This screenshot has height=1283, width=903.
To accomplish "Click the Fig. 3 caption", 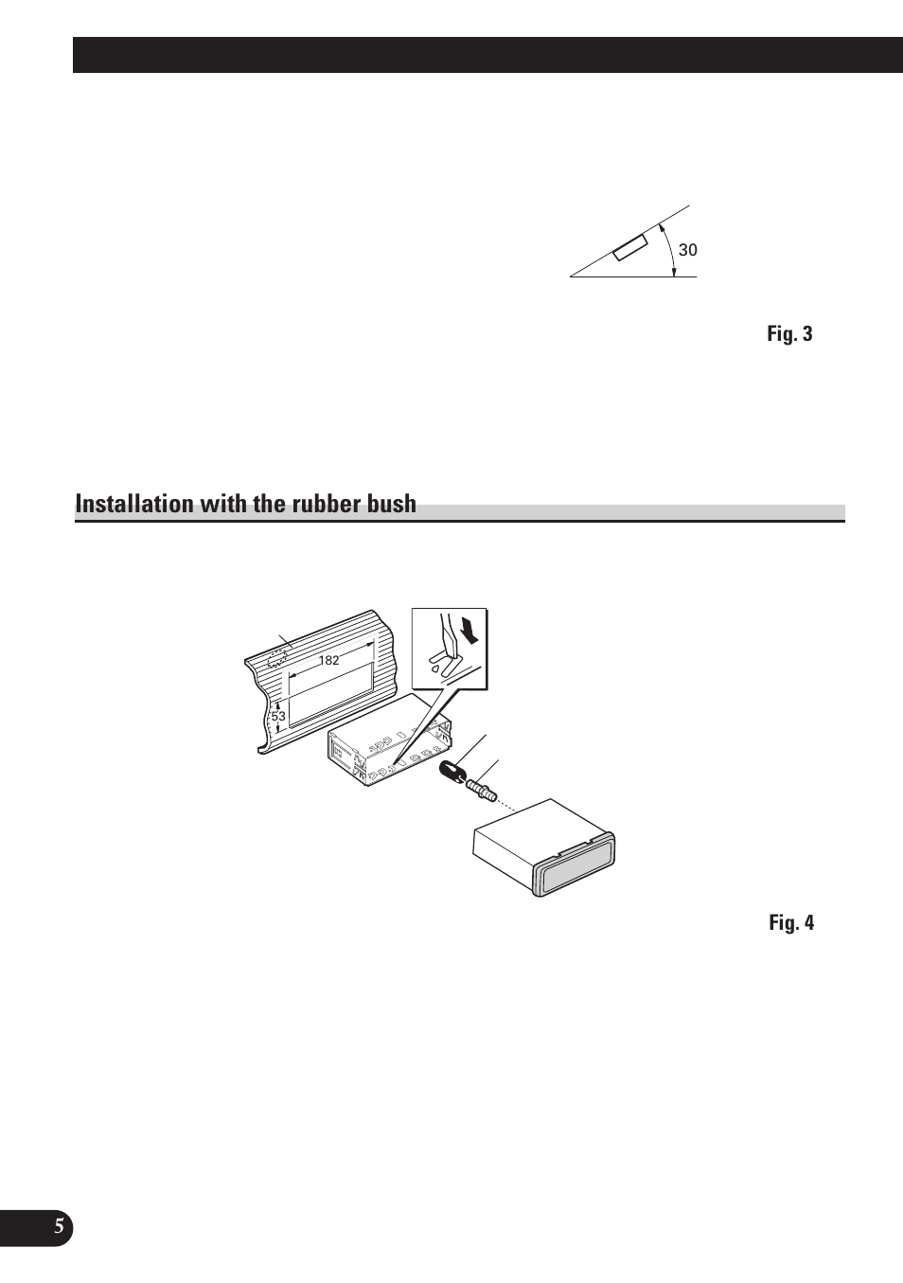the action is [789, 334].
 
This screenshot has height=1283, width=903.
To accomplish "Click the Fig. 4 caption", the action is [790, 923].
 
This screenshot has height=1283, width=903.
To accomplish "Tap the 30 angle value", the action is [687, 251].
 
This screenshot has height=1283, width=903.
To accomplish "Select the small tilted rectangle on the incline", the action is [629, 247].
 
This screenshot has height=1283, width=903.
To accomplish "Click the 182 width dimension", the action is [328, 661].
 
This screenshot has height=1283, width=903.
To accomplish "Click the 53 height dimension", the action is [277, 717].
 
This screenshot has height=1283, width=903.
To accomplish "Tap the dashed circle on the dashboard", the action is [277, 659].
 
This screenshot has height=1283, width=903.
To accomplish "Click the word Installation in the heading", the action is [133, 504].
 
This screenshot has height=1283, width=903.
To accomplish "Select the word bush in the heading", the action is [390, 504].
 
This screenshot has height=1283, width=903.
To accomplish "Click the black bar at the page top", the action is [487, 55].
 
